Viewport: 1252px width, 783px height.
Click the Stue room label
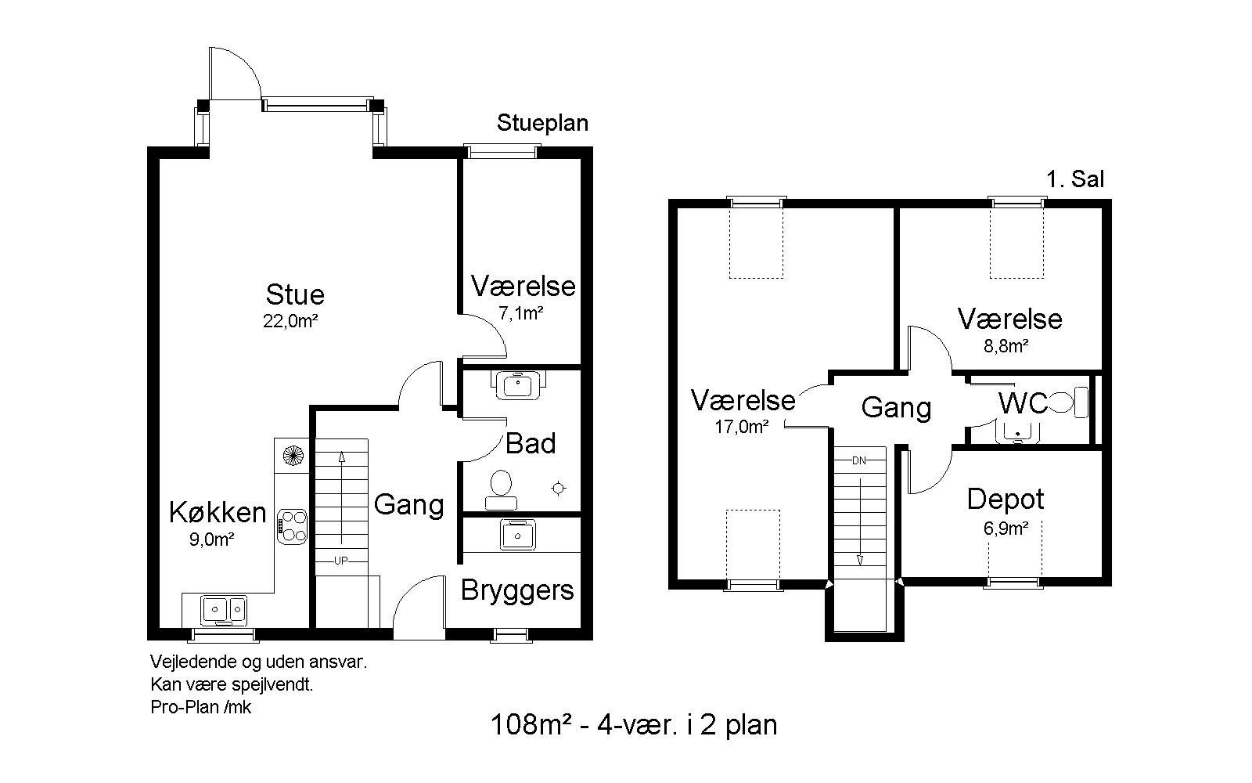click(295, 294)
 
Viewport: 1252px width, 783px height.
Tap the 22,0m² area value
click(290, 322)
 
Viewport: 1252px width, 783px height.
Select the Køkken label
click(218, 512)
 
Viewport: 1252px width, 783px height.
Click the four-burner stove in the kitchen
click(292, 527)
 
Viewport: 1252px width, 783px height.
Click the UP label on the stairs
click(341, 561)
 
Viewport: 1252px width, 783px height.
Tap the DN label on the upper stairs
click(859, 461)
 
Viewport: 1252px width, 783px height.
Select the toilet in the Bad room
click(501, 489)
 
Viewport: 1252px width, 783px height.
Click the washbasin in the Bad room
click(518, 384)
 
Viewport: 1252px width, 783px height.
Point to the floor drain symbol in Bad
click(559, 489)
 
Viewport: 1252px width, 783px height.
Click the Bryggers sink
click(517, 535)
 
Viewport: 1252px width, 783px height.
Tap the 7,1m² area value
click(521, 314)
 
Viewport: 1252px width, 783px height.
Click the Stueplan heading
click(543, 123)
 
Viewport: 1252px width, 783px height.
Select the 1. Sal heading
click(1075, 179)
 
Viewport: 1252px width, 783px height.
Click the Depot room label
click(1006, 500)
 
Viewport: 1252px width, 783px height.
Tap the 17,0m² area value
click(742, 428)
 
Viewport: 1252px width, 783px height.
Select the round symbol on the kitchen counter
click(292, 455)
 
